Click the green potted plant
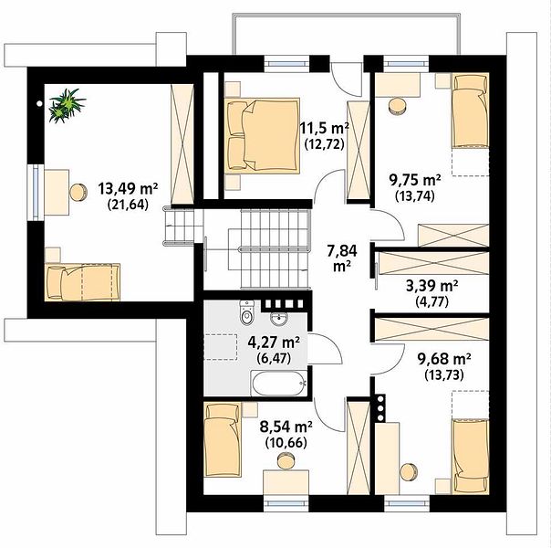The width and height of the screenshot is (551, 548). tap(67, 106)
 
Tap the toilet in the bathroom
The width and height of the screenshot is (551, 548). tap(246, 312)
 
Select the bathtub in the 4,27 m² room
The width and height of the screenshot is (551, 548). tap(278, 383)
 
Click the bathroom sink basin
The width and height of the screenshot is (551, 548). tap(279, 318)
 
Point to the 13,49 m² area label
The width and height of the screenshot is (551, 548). tap(128, 189)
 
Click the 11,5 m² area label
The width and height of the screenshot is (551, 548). tap(324, 129)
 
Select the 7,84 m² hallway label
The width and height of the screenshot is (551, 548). tap(342, 258)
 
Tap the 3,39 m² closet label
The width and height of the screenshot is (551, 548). tap(431, 286)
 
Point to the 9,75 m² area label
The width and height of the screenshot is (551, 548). tap(415, 180)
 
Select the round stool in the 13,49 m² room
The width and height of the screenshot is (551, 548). tap(78, 193)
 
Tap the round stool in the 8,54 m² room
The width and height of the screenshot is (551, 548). tap(286, 461)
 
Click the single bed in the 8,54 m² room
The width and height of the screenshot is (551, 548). tap(223, 439)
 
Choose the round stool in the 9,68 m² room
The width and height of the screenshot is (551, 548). tap(409, 471)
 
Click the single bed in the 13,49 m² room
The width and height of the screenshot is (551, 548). tap(83, 282)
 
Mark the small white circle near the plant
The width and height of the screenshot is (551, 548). tap(39, 104)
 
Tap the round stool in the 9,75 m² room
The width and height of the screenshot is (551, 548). tap(398, 106)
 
